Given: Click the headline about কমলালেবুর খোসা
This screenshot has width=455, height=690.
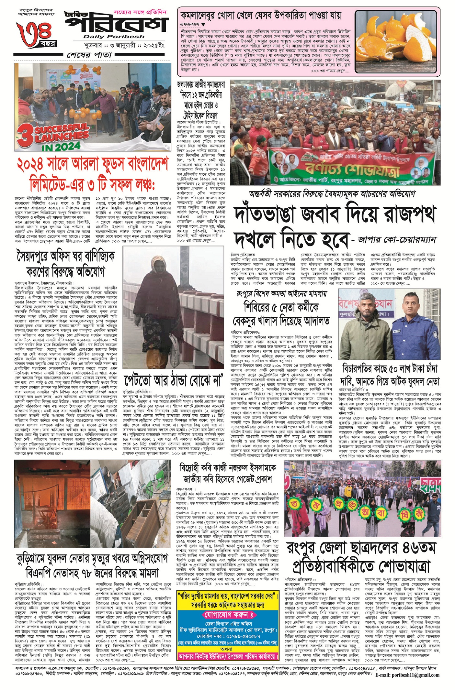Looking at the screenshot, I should (260, 15).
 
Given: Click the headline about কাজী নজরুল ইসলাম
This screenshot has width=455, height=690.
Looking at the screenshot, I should (227, 473).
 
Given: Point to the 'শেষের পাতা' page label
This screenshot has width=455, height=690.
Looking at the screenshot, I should (90, 55).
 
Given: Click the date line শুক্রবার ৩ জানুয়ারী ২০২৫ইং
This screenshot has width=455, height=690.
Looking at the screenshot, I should (120, 45).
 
